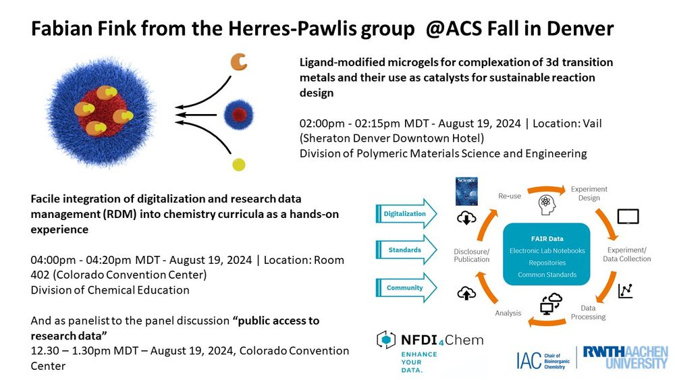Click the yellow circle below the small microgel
(x=238, y=165)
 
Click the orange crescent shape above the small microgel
(x=238, y=62)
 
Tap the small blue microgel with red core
(x=238, y=115)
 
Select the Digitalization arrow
(x=406, y=213)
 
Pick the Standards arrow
(x=406, y=250)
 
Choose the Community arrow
(x=406, y=288)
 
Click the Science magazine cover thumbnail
(x=466, y=192)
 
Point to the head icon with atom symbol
(x=546, y=205)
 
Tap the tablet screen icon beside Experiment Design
(x=628, y=217)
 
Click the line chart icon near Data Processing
(x=626, y=291)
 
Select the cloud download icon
(x=466, y=218)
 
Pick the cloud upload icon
(x=466, y=294)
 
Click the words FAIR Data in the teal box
(x=547, y=239)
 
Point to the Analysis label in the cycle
(x=508, y=313)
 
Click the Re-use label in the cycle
(x=510, y=196)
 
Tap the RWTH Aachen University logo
(x=626, y=357)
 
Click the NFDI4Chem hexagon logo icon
(x=386, y=340)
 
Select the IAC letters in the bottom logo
(x=529, y=360)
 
